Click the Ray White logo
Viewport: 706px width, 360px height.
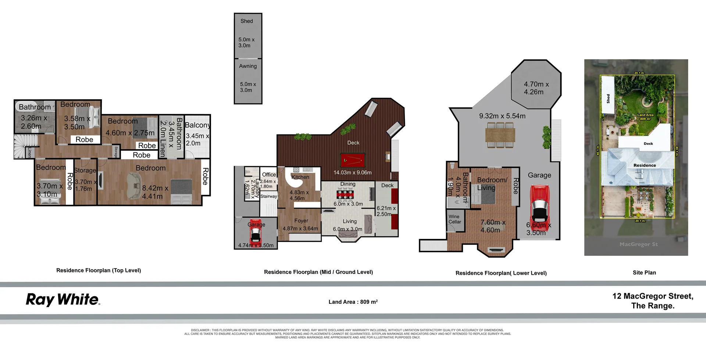pyautogui.click(x=63, y=300)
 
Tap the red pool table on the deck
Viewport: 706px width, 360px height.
pyautogui.click(x=353, y=160)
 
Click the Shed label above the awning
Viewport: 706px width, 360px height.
pyautogui.click(x=247, y=21)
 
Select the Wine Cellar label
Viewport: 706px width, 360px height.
pyautogui.click(x=454, y=219)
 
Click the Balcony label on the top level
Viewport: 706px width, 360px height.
pyautogui.click(x=197, y=125)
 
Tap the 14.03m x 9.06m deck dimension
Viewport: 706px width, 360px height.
pyautogui.click(x=352, y=172)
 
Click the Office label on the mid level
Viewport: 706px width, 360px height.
pyautogui.click(x=269, y=175)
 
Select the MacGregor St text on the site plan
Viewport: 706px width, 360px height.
pyautogui.click(x=638, y=244)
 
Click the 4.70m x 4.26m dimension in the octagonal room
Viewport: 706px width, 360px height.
pyautogui.click(x=536, y=88)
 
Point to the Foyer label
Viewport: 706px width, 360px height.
pyautogui.click(x=301, y=221)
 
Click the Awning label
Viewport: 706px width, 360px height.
pyautogui.click(x=248, y=66)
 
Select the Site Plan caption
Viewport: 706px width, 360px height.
pyautogui.click(x=644, y=272)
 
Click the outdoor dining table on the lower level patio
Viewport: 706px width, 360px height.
pyautogui.click(x=500, y=135)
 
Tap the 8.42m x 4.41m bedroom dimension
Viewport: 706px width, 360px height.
pyautogui.click(x=155, y=192)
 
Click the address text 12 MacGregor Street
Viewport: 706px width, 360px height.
pyautogui.click(x=653, y=296)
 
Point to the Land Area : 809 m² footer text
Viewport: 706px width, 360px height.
pyautogui.click(x=353, y=302)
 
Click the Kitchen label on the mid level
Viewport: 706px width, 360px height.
pyautogui.click(x=300, y=177)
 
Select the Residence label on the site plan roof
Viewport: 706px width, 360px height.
pyautogui.click(x=645, y=165)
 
